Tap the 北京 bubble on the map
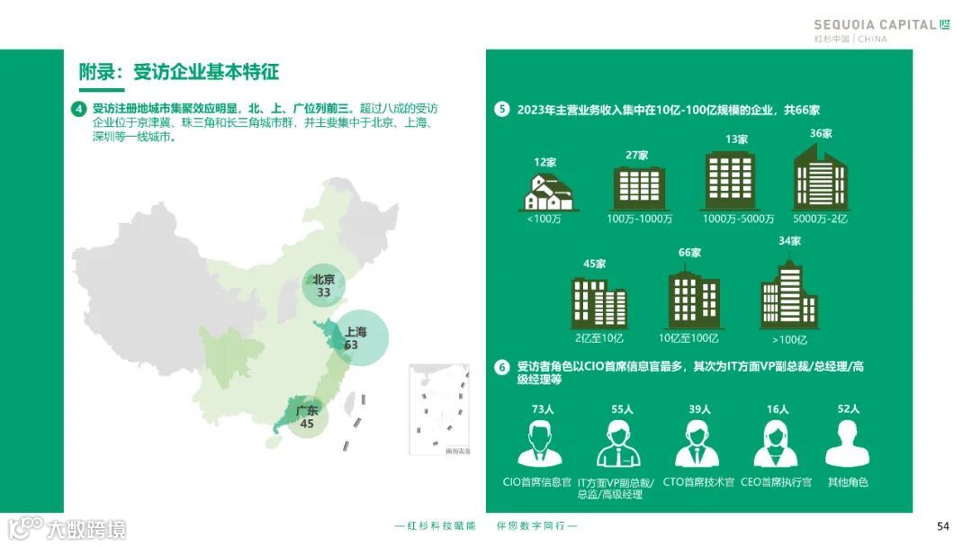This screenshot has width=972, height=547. click(323, 285)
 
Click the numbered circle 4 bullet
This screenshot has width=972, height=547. click(78, 110)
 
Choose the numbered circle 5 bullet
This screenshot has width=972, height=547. click(502, 110)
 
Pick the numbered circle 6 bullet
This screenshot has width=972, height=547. click(502, 367)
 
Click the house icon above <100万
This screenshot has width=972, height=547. click(549, 192)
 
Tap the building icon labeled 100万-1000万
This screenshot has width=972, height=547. click(639, 188)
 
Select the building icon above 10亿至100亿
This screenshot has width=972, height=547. click(693, 298)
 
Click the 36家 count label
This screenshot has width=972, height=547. click(820, 133)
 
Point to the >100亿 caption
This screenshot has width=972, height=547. click(789, 339)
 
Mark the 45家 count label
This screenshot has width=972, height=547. click(594, 264)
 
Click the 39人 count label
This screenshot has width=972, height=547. click(699, 409)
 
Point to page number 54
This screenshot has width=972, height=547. click(942, 526)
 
